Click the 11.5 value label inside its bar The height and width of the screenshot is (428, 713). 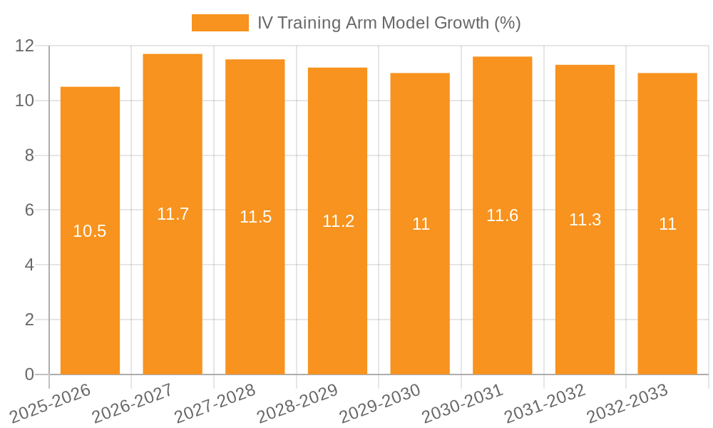click(x=255, y=218)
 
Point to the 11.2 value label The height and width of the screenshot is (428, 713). click(x=338, y=221)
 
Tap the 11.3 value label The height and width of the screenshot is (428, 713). click(x=585, y=220)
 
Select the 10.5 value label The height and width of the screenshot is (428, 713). click(x=90, y=231)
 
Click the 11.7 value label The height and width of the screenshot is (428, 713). click(x=173, y=214)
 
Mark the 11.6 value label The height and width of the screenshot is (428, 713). click(x=503, y=215)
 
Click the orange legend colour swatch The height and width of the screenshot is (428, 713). click(x=220, y=23)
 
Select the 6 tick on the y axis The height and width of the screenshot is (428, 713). click(x=29, y=210)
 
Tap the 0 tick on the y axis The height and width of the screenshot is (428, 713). click(x=29, y=374)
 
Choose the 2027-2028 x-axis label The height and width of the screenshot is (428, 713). click(x=215, y=403)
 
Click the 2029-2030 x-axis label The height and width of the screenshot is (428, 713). click(x=380, y=403)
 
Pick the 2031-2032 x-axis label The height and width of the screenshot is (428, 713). click(x=545, y=403)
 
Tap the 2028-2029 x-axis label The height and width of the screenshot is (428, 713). click(x=297, y=403)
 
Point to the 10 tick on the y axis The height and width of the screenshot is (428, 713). click(x=25, y=101)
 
